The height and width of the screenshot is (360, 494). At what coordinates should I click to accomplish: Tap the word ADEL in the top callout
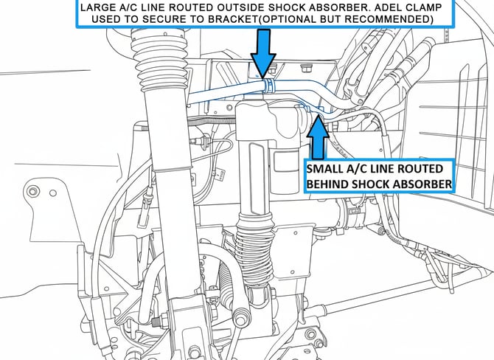coord(392,7)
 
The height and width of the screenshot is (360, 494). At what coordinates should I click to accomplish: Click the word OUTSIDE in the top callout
coord(240,7)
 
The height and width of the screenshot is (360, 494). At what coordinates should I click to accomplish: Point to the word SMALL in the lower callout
coord(324,169)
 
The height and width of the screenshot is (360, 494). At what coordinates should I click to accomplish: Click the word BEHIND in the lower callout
coord(327,184)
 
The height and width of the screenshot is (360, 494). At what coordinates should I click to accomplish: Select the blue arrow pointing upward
coord(319,137)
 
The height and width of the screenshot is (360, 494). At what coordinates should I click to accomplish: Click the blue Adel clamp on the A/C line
coord(268,86)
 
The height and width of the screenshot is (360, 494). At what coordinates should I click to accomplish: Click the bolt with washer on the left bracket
coord(32,191)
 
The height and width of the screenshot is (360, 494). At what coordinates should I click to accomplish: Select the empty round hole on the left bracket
coord(53,193)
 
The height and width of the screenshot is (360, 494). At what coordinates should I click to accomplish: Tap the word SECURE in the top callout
coord(161,19)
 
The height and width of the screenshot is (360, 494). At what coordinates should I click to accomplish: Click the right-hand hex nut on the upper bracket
coord(305,68)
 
